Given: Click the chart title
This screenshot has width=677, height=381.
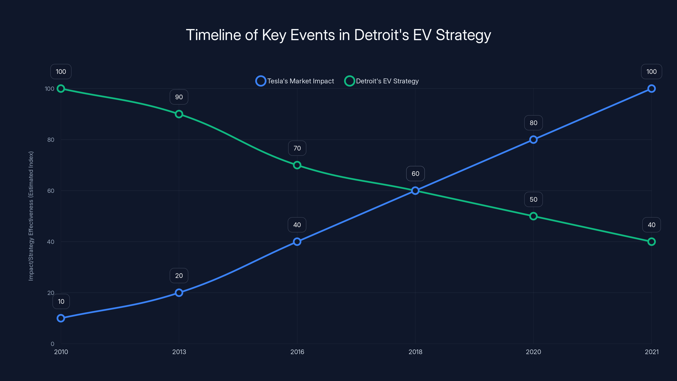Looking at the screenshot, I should point(338,35).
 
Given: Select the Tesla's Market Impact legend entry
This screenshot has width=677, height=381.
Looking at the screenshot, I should point(295,81).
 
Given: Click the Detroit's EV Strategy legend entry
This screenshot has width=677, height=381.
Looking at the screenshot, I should point(382,81).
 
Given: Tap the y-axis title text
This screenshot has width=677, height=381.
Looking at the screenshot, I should point(31,216).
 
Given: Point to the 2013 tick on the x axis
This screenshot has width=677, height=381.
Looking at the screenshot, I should point(179,352).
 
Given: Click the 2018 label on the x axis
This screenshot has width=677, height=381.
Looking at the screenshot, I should point(415,352).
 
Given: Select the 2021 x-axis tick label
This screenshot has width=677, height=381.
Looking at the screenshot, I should point(652,352).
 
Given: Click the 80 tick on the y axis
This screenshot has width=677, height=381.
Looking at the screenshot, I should point(51,140).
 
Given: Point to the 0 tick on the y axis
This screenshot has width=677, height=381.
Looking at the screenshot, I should point(52,344).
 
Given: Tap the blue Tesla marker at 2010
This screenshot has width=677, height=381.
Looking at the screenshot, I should point(61,318).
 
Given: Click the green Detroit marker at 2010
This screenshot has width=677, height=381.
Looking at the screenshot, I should point(61,89).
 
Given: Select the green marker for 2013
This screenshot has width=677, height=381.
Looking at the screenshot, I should point(179,114).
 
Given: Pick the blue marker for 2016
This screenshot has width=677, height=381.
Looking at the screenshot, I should point(297,242).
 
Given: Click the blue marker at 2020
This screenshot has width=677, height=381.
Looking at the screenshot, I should point(533,140).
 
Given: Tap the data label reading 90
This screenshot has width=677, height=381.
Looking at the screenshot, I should point(179,97).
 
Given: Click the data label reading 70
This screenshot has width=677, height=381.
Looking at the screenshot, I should point(297,148).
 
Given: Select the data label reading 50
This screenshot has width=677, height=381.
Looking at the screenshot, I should point(533,199).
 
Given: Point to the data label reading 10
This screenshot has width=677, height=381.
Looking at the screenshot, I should point(61,301).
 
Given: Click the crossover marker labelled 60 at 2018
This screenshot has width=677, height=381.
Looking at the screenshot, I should point(415,191).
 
